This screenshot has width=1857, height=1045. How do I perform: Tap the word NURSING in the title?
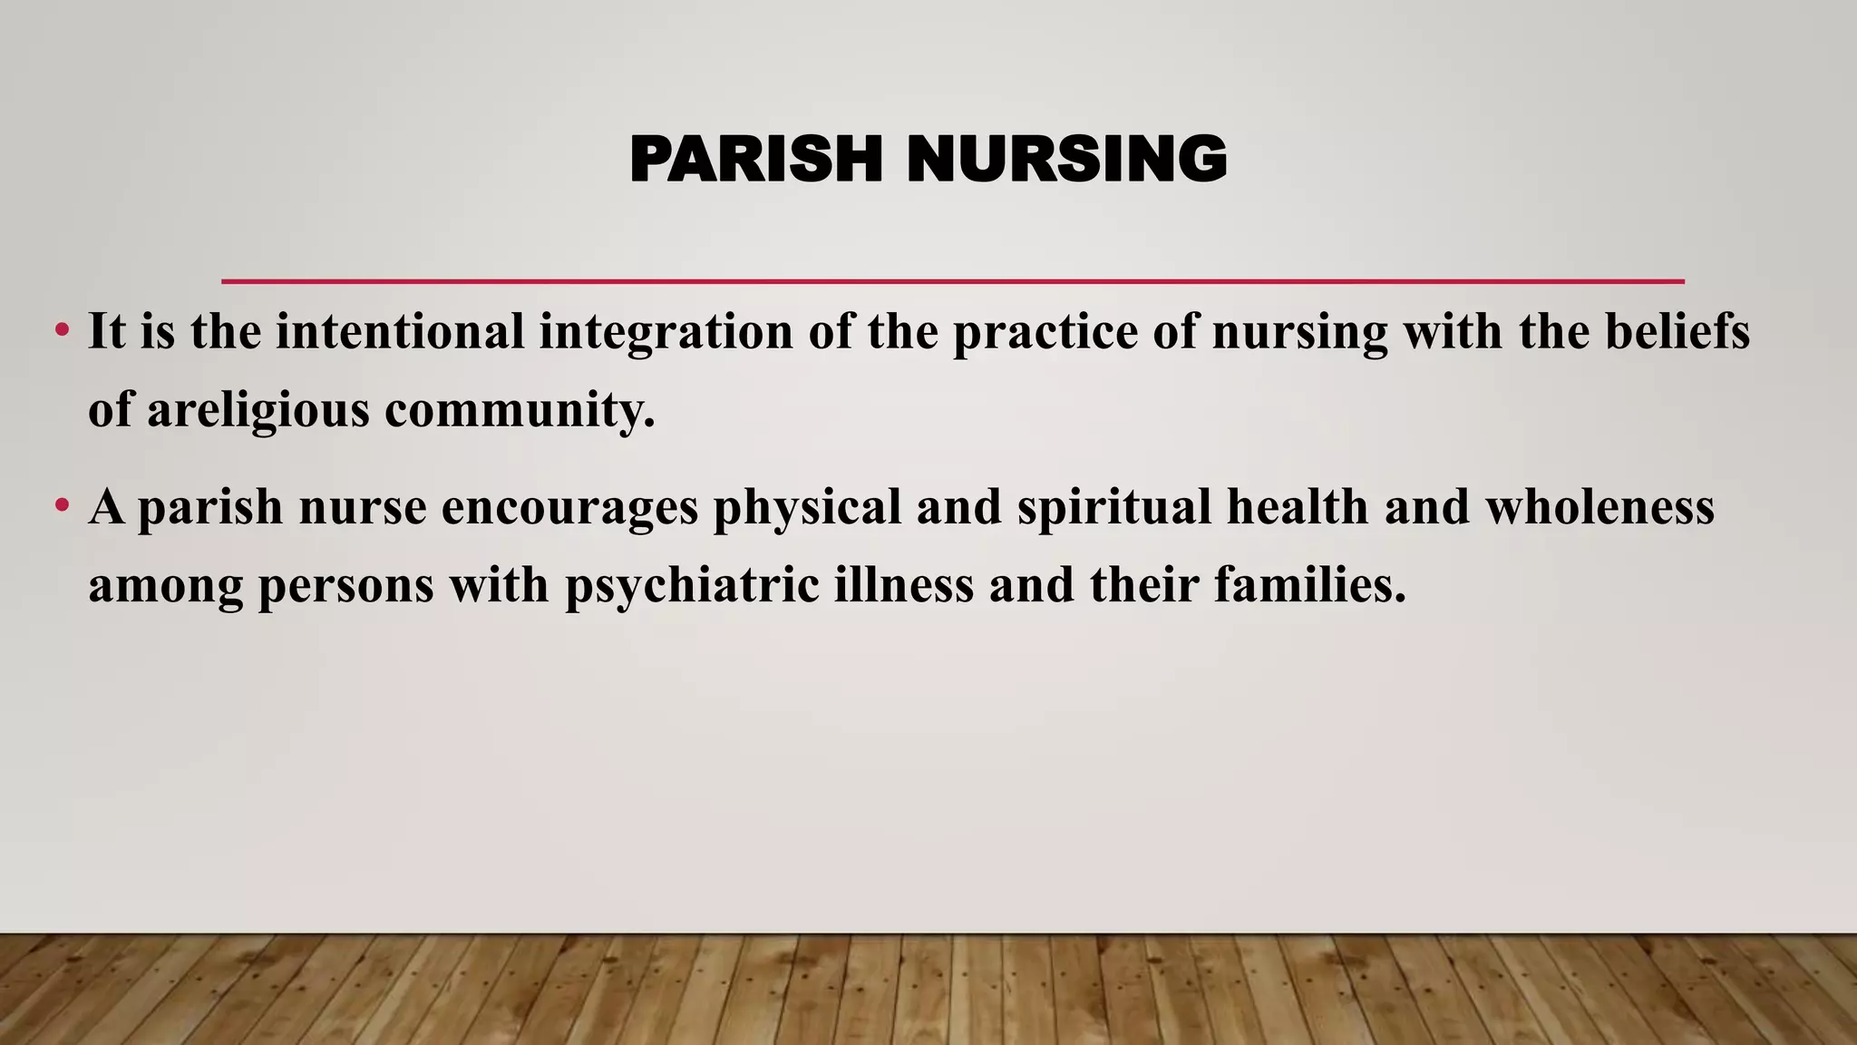(1066, 160)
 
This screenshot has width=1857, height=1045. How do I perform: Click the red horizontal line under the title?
(952, 281)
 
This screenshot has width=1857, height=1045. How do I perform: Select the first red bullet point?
(62, 330)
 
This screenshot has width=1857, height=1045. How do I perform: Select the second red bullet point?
(62, 505)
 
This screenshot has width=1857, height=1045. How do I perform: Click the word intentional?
(400, 331)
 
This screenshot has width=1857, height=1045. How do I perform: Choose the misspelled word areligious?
(258, 410)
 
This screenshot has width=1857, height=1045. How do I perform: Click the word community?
(520, 410)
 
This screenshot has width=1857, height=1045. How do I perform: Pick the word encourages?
(569, 506)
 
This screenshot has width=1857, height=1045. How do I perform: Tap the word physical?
(807, 506)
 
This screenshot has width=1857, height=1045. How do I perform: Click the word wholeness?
(1599, 506)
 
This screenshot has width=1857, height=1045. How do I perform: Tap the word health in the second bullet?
(1298, 506)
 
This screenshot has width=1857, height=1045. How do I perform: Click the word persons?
(346, 585)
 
